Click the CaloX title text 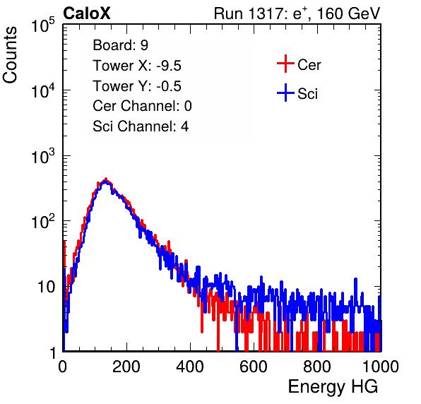(x=86, y=13)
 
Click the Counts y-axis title (x=10, y=55)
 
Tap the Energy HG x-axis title (x=333, y=387)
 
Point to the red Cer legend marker (x=285, y=64)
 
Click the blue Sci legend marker (x=285, y=93)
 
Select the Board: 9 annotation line (x=120, y=45)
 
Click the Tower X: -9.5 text (x=137, y=66)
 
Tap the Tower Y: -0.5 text (x=137, y=86)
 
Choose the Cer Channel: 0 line (x=142, y=106)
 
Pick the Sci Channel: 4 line (x=141, y=126)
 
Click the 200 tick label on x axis (x=126, y=367)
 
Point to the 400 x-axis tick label (x=190, y=367)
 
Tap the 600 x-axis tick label (x=254, y=367)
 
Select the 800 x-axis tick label (x=317, y=367)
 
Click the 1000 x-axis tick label (x=381, y=367)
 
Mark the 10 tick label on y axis (x=47, y=287)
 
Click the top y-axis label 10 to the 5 (x=43, y=25)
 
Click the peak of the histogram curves (x=106, y=179)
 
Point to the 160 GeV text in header (x=348, y=13)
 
